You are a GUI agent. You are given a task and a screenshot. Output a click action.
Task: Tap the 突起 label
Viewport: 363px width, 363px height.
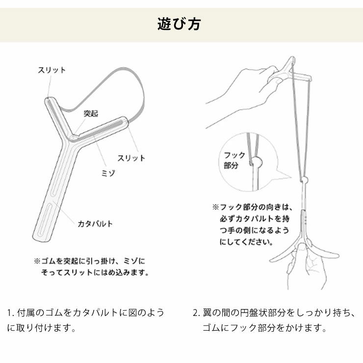point(90,113)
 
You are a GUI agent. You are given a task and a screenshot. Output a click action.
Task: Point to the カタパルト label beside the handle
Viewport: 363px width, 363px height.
point(95,224)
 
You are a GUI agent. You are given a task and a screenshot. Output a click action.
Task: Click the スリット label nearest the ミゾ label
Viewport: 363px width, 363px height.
point(131,158)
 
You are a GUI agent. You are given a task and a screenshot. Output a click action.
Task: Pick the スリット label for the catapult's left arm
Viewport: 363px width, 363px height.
point(52,70)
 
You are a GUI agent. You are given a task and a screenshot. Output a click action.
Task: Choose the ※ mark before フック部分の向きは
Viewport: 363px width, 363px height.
point(215,207)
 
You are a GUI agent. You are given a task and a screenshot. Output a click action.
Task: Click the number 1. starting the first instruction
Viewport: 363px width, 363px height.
point(10,312)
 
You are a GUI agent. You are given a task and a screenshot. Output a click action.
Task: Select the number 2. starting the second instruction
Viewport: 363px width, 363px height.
point(196,312)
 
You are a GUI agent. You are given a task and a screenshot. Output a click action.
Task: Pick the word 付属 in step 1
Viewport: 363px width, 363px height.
point(25,312)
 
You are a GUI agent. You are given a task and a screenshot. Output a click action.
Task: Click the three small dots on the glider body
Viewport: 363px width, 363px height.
point(306,218)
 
